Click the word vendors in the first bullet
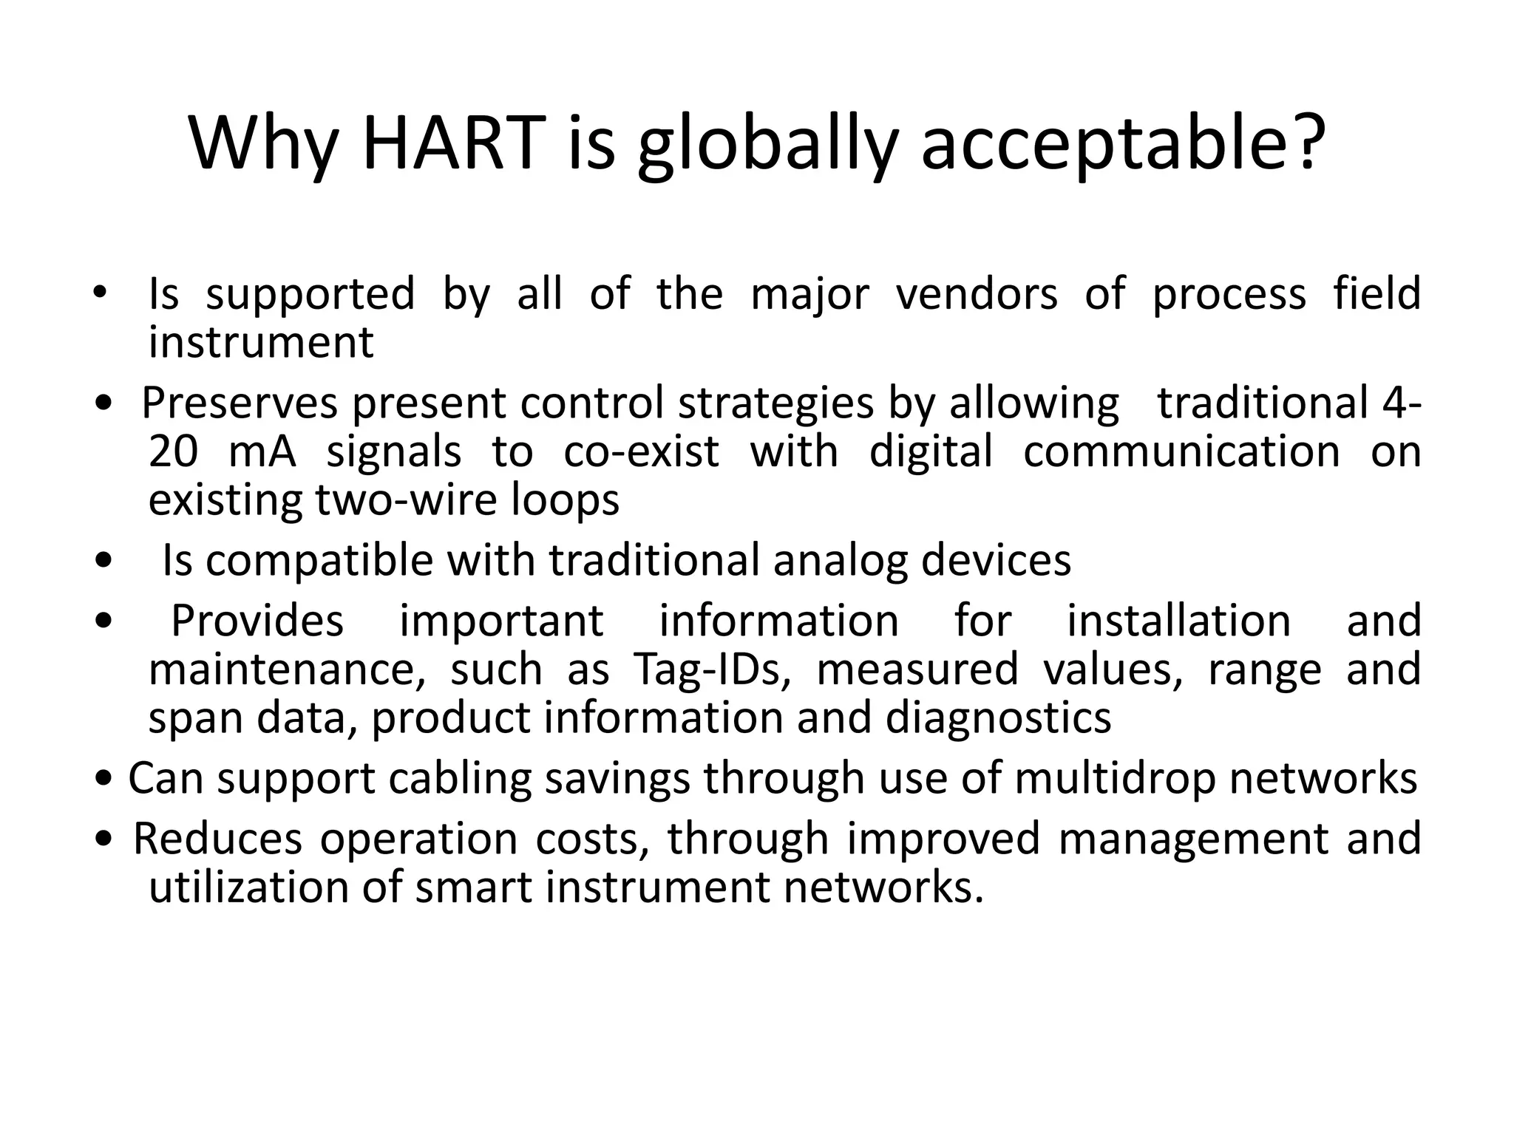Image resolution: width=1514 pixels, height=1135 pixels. [x=977, y=293]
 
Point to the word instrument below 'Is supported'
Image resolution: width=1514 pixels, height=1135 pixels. [x=261, y=342]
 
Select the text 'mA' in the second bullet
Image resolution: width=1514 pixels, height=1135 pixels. [x=262, y=451]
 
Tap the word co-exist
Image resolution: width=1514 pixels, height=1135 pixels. [x=641, y=451]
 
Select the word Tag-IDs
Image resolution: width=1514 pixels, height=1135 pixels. [x=712, y=669]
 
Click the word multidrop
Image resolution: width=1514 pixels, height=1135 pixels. [x=1115, y=778]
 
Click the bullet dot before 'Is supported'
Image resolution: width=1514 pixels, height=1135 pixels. [x=99, y=293]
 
